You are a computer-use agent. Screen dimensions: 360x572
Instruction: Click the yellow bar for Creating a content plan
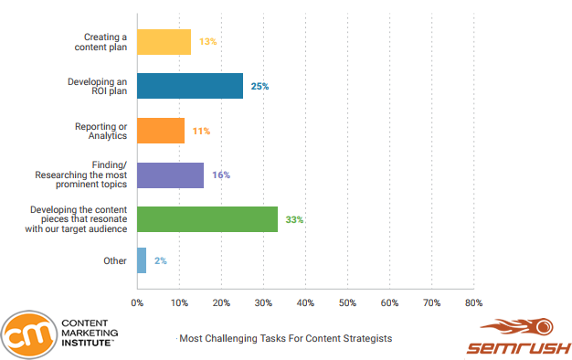coord(164,42)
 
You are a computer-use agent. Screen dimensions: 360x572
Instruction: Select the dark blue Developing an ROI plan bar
coord(190,86)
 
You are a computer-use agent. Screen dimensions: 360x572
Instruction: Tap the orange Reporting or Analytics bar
coord(161,131)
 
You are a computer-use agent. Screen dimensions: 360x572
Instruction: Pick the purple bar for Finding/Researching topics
coord(171,175)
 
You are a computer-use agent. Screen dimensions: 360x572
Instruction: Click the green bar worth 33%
coord(207,219)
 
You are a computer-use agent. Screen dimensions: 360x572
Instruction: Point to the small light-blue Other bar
coord(142,260)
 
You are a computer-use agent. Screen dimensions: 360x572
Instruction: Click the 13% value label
coord(207,42)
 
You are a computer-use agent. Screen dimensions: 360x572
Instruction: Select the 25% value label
coord(260,86)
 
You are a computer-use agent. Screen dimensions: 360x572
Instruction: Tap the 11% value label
coord(201,131)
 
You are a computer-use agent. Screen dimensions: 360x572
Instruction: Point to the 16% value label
coord(221,175)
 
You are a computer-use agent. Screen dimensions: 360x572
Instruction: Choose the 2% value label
coord(160,261)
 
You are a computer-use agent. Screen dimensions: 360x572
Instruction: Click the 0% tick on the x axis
coord(137,302)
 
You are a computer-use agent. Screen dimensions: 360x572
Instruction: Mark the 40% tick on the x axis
coord(305,302)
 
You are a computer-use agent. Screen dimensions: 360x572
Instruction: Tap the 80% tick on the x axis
coord(473,302)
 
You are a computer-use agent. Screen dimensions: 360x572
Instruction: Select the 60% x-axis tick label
coord(389,302)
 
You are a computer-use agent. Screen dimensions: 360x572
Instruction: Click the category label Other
coord(114,260)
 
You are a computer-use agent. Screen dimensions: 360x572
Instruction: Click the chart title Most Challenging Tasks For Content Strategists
coord(286,338)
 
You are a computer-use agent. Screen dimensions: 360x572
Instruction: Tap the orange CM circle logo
coord(26,334)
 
